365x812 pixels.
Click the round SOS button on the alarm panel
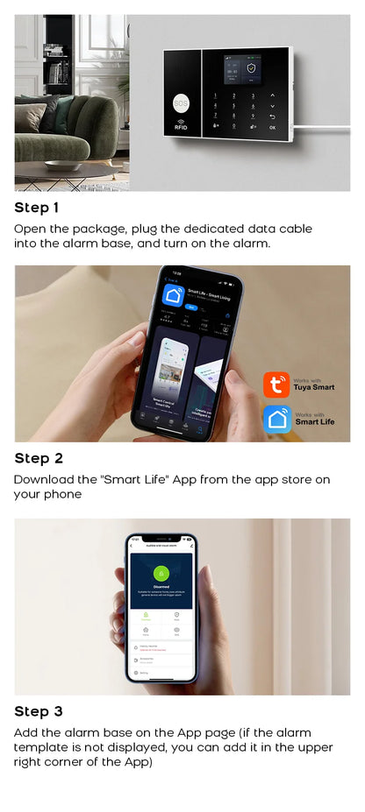pos(182,101)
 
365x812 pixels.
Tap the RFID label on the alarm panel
pos(182,128)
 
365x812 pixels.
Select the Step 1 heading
pos(37,208)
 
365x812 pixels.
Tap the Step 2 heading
pos(39,458)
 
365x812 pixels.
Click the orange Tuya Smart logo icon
pos(276,385)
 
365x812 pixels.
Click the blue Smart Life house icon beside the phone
pos(276,419)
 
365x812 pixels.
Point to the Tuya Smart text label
pos(314,387)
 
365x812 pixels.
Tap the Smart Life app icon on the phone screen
pos(172,295)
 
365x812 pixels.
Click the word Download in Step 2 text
pos(43,479)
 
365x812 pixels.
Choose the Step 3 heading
pos(39,711)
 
